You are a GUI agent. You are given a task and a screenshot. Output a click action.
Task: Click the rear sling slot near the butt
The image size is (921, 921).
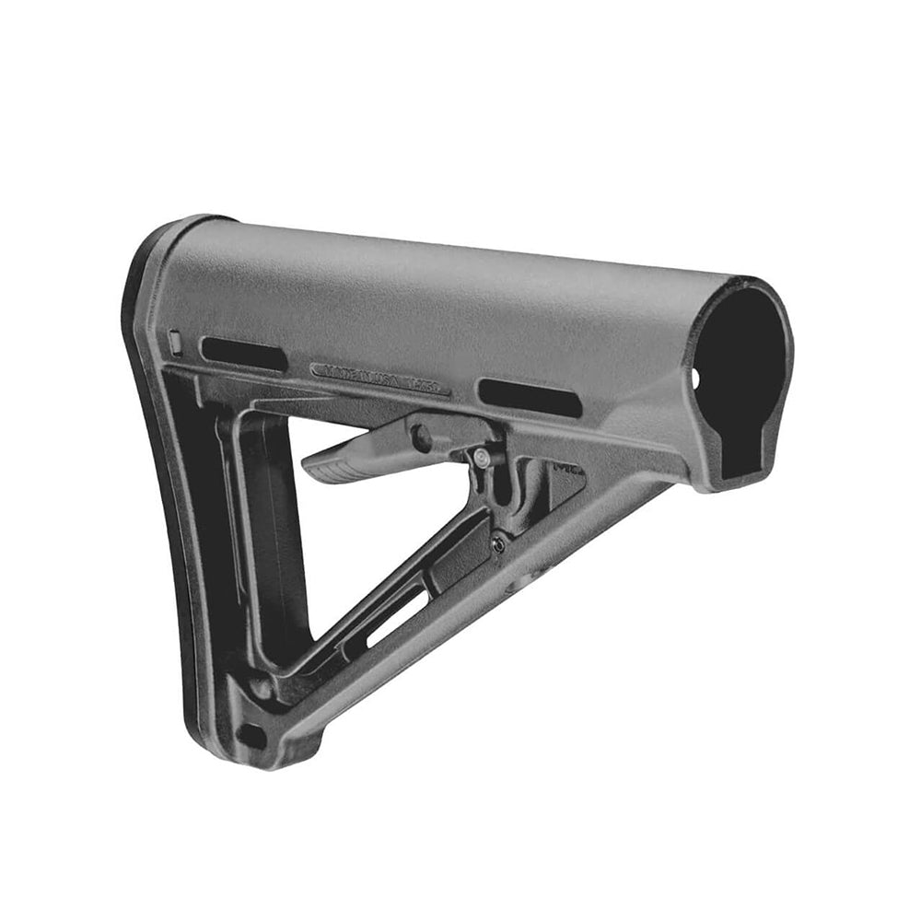[243, 355]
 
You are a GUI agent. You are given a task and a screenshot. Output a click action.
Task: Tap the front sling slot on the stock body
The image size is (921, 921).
[530, 396]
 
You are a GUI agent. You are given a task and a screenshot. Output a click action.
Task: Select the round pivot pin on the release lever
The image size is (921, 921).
[422, 436]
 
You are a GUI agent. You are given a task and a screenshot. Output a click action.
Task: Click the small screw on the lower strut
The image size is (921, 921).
[498, 543]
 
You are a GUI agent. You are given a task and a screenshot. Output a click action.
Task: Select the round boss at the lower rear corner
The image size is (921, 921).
[261, 687]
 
